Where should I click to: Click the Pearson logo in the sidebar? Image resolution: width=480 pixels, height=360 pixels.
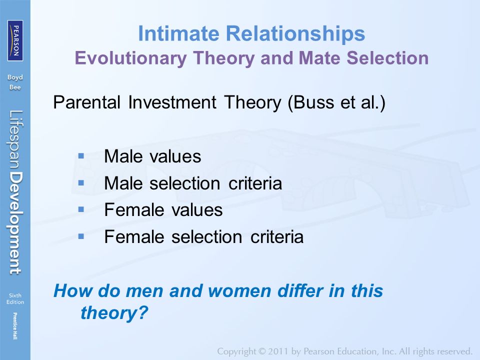coord(15,40)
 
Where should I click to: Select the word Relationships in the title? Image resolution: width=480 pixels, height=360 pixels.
coord(295,33)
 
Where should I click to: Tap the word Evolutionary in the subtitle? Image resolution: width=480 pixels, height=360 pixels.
coord(130,58)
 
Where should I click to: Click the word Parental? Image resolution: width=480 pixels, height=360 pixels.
coord(86,102)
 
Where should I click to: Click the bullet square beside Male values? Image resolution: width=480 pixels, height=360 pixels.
coord(81,156)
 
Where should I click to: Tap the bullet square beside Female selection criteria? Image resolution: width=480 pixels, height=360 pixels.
coord(81,236)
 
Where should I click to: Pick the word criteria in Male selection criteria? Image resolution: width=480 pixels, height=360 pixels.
coord(255,183)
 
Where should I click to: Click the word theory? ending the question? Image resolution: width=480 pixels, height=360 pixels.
coord(114,313)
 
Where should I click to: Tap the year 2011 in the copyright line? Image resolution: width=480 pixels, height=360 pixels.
coord(278,351)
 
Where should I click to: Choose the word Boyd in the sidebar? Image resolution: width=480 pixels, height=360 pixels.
coord(15,78)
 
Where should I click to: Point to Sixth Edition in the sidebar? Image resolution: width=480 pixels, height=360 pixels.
coord(15,298)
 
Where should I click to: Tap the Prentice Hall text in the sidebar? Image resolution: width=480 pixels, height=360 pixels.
coord(15,325)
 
